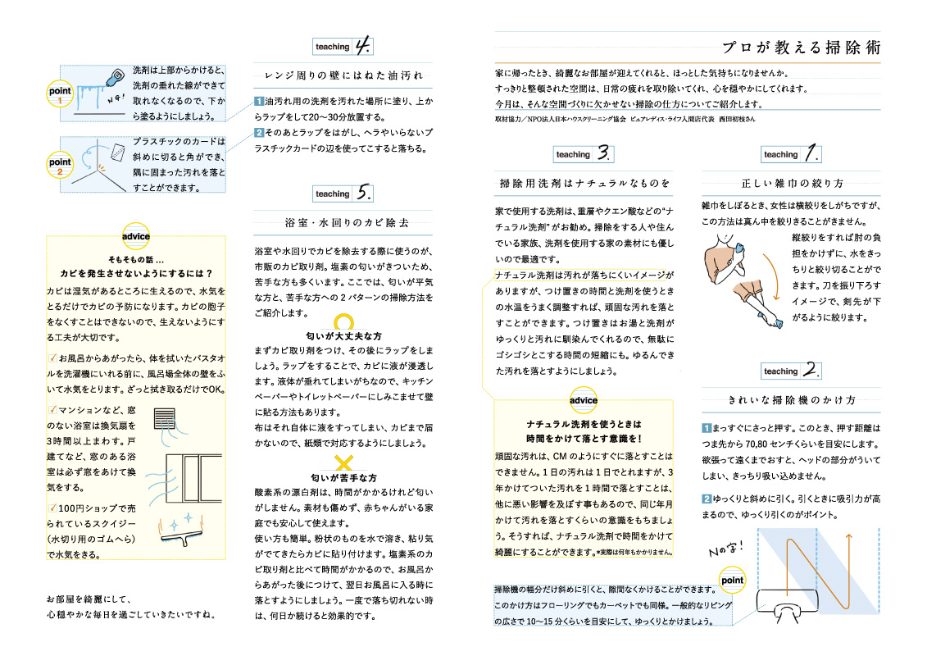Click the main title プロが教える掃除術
(x=801, y=48)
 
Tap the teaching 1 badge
(x=792, y=153)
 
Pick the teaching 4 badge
(x=343, y=46)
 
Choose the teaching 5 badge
(x=343, y=194)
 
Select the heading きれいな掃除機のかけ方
(x=792, y=400)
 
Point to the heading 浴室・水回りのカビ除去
(x=343, y=222)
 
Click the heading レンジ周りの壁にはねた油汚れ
(x=343, y=75)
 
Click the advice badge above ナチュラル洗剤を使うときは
(x=584, y=399)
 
